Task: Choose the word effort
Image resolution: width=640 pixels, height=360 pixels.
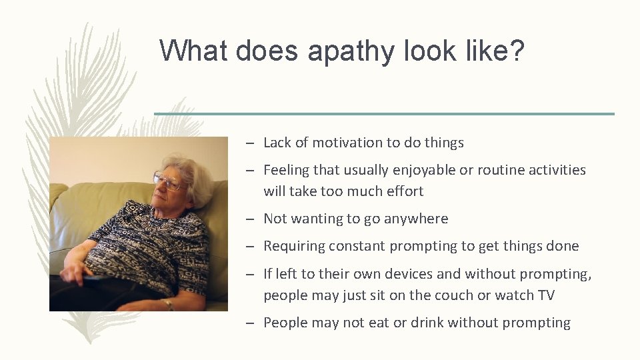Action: click(x=402, y=191)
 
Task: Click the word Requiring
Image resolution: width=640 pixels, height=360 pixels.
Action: click(x=291, y=246)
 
